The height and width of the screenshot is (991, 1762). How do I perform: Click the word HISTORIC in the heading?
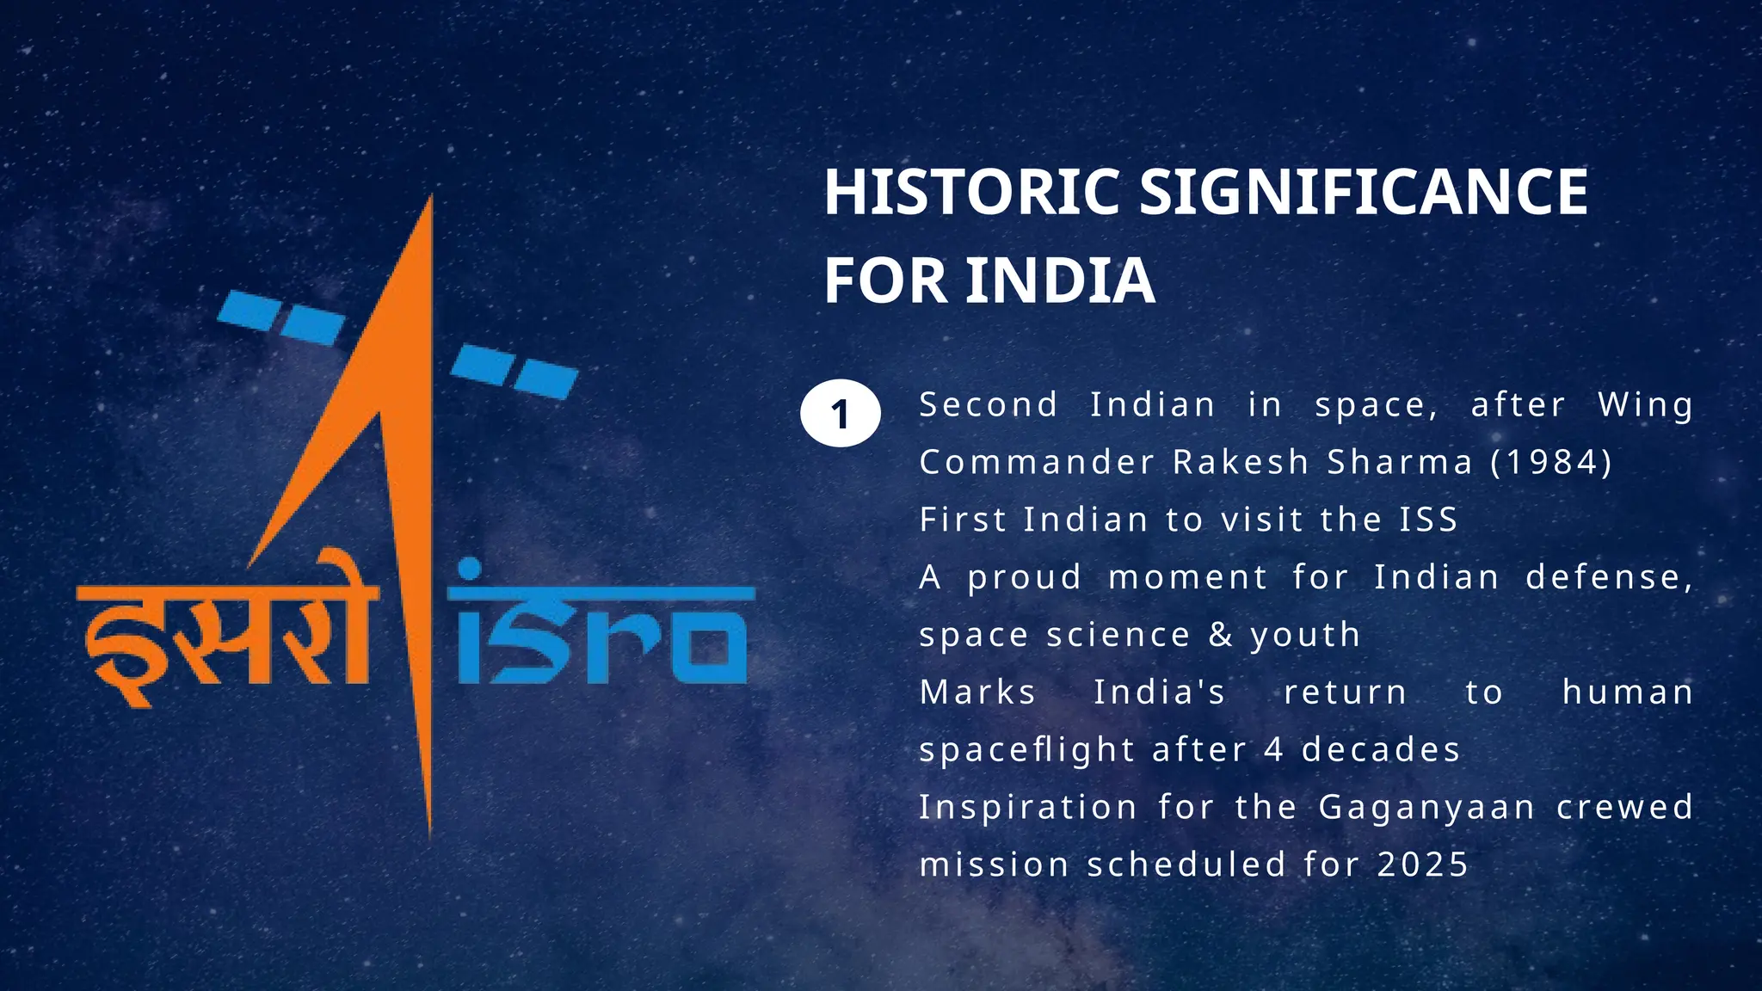pos(971,192)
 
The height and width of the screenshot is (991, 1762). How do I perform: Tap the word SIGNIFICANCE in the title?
pos(1364,192)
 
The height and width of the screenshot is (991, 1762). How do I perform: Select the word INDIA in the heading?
pos(1060,280)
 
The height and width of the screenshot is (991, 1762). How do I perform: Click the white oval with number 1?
pos(840,414)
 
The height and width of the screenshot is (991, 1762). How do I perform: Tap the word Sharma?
pos(1400,462)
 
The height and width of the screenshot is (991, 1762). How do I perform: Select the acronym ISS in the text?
pos(1428,520)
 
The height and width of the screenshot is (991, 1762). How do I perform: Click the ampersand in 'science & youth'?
pos(1220,635)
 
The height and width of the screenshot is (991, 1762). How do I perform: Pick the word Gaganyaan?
pos(1427,808)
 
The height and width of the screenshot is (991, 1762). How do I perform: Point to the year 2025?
pos(1423,865)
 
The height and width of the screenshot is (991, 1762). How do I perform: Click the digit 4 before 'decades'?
pos(1274,750)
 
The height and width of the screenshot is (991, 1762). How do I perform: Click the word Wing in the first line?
pos(1646,404)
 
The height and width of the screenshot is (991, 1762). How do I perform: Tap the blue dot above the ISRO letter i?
pos(470,569)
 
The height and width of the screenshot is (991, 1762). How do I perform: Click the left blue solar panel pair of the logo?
pos(280,317)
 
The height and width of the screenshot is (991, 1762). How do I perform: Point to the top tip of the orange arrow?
pos(429,200)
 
